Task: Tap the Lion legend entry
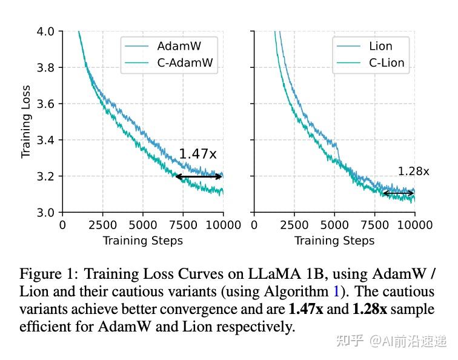(x=380, y=46)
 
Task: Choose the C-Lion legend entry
(x=386, y=62)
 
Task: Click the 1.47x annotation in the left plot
(x=197, y=154)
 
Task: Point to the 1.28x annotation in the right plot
(x=413, y=172)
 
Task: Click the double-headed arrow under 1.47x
(x=199, y=176)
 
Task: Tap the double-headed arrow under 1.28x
(x=398, y=193)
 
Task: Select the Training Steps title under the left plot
(x=142, y=241)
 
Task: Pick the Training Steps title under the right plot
(x=334, y=241)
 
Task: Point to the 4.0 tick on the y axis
(x=45, y=31)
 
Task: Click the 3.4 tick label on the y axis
(x=45, y=140)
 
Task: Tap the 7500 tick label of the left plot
(x=183, y=225)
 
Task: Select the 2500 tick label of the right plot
(x=294, y=225)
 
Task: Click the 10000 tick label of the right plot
(x=414, y=225)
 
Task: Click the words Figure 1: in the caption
(x=46, y=275)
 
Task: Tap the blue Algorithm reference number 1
(x=336, y=292)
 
